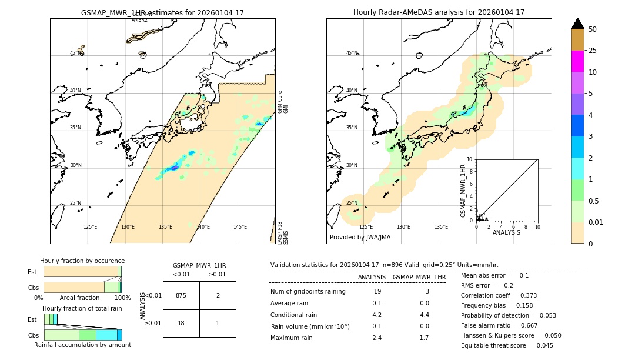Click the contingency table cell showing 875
coord(181,295)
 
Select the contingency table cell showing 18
coord(181,323)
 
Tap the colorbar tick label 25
coord(593,51)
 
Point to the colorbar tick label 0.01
coord(596,222)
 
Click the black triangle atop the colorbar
coord(578,24)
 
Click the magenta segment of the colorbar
coord(578,61)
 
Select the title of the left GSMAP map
coord(162,12)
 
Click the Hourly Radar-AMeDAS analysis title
coord(439,12)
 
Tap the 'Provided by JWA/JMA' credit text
coord(360,238)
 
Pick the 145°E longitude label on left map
coord(240,227)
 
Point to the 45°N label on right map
coord(352,53)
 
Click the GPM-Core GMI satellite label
coord(283,101)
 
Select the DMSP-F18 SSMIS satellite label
coord(283,232)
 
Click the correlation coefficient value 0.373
coord(526,295)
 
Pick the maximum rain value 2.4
coord(377,338)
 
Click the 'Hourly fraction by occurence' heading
coord(82,261)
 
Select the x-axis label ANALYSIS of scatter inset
coord(506,232)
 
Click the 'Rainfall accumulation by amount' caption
coord(82,345)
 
